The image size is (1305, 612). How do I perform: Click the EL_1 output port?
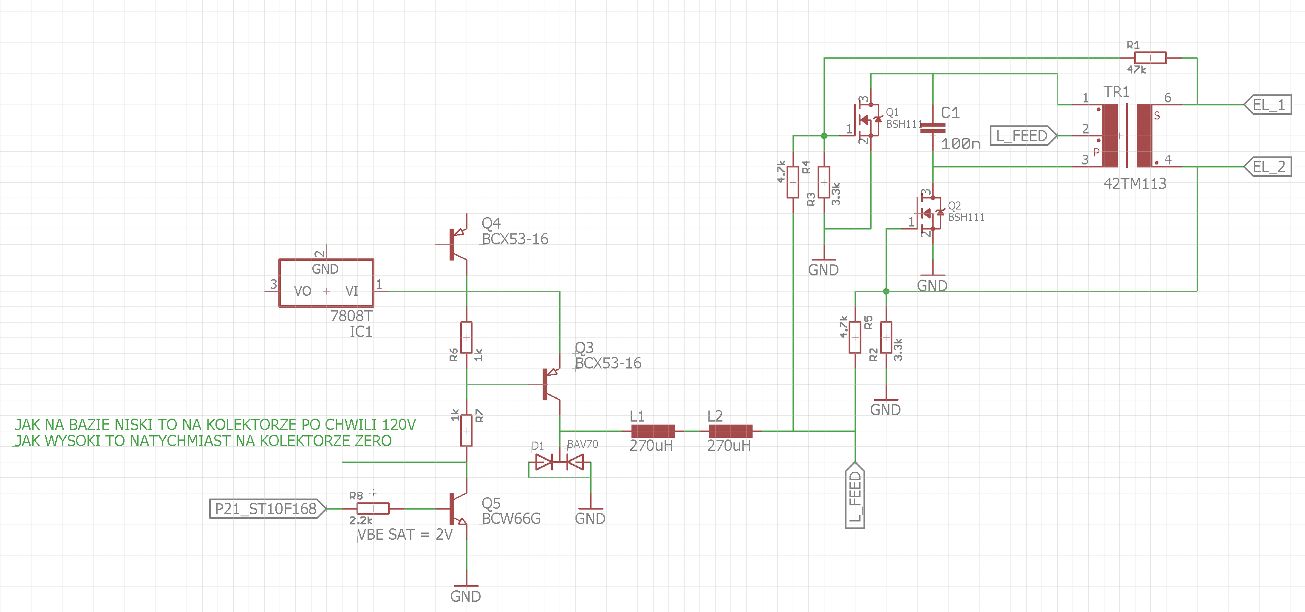coord(1268,105)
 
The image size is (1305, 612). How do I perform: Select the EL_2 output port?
coord(1268,167)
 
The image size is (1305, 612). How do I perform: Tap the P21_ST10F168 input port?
coord(267,509)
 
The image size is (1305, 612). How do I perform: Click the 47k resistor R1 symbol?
coord(1150,58)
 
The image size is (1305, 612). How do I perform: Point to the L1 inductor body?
coord(653,431)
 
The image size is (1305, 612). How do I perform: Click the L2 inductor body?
coord(730,431)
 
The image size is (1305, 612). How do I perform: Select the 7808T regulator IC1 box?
coord(326,283)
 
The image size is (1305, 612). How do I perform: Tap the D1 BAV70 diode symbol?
coord(559,462)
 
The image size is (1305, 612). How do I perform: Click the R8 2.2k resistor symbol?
coord(373,509)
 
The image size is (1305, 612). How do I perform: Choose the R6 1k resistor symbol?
coord(467,338)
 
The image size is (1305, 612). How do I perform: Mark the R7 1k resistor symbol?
coord(467,431)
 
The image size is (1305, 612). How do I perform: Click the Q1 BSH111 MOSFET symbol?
coord(866,120)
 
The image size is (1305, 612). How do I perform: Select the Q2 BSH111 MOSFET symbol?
coord(929,213)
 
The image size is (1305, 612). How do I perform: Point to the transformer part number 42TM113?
coord(1135,184)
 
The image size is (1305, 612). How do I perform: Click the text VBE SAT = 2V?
coord(405,535)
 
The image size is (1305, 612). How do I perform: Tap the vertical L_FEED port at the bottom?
coord(855,496)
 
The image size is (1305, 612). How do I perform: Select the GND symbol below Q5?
coord(466,593)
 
